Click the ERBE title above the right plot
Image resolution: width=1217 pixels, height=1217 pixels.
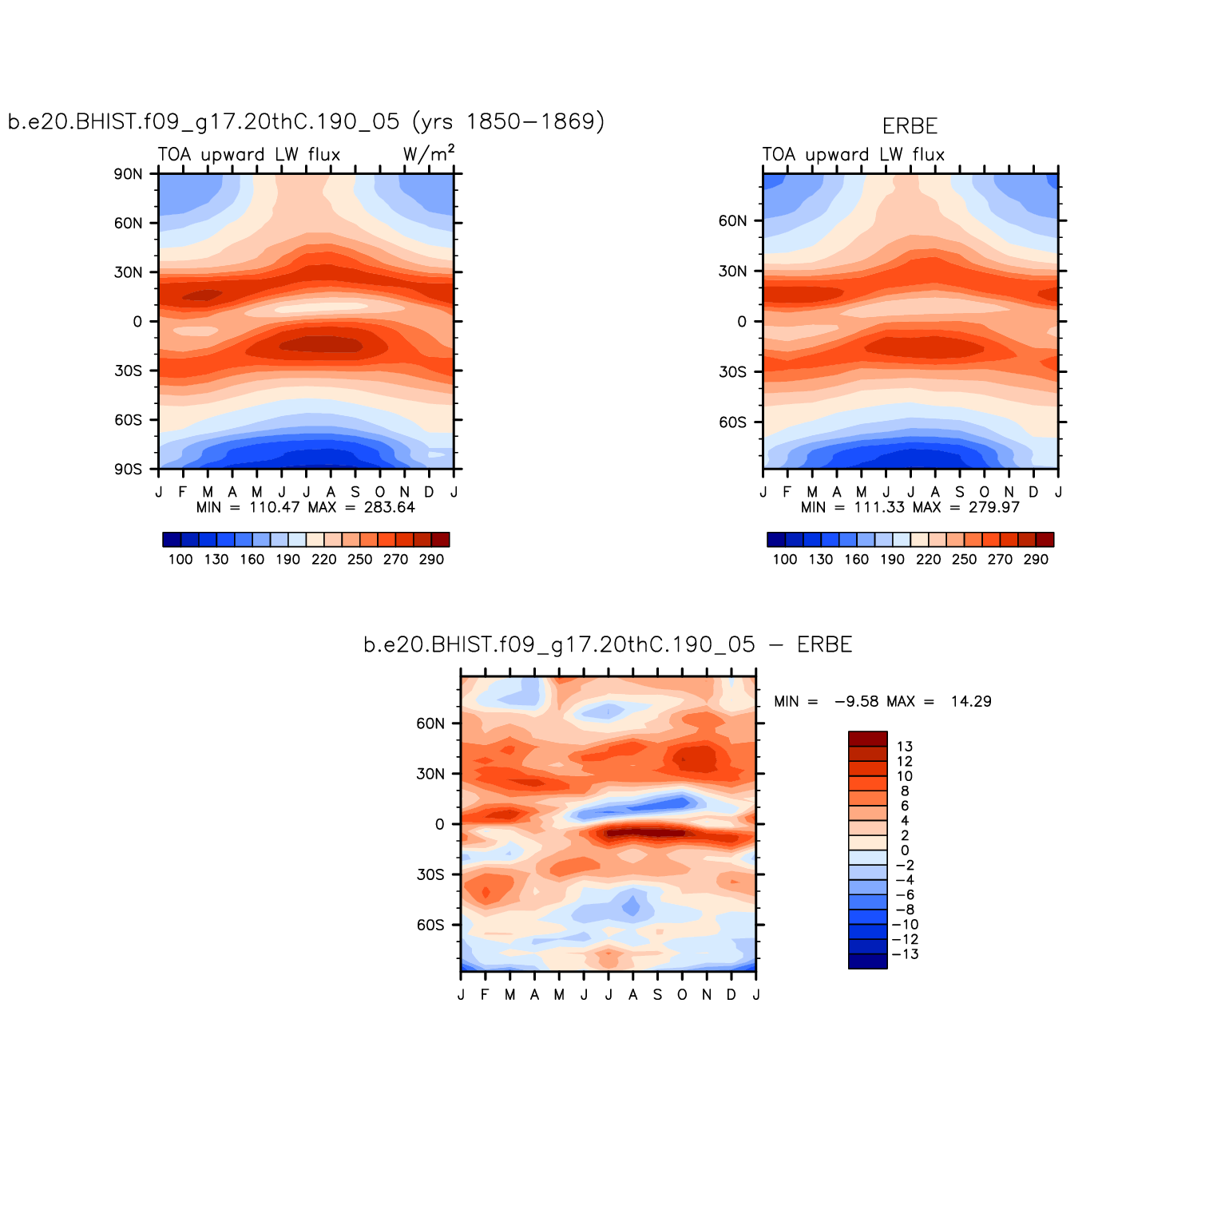pyautogui.click(x=910, y=126)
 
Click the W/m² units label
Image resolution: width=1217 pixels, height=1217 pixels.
pyautogui.click(x=429, y=153)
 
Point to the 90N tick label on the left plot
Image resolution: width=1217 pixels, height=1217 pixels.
pyautogui.click(x=128, y=174)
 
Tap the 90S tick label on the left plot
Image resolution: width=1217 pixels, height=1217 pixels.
pyautogui.click(x=128, y=470)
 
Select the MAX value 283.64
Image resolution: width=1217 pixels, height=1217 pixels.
pyautogui.click(x=389, y=507)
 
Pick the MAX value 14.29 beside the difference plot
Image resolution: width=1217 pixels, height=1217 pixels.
pyautogui.click(x=971, y=701)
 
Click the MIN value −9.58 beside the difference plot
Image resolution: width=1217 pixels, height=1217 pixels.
pyautogui.click(x=856, y=701)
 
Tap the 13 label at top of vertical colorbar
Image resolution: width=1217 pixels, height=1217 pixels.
pyautogui.click(x=905, y=747)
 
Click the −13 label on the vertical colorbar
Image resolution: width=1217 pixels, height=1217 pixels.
pyautogui.click(x=905, y=954)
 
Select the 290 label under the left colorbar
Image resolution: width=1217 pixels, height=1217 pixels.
pyautogui.click(x=431, y=559)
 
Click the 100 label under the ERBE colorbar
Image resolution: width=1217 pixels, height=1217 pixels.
pyautogui.click(x=785, y=559)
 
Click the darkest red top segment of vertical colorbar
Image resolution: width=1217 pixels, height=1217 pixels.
pyautogui.click(x=867, y=739)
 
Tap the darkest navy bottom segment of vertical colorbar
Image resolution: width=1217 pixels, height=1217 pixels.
pyautogui.click(x=867, y=961)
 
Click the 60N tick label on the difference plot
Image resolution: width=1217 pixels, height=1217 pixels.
pyautogui.click(x=430, y=723)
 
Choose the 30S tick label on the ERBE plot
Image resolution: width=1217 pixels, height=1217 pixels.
pyautogui.click(x=732, y=372)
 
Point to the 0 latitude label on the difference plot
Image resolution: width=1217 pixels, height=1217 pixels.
pyautogui.click(x=439, y=824)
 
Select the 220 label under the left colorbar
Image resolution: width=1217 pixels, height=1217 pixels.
pyautogui.click(x=323, y=559)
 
